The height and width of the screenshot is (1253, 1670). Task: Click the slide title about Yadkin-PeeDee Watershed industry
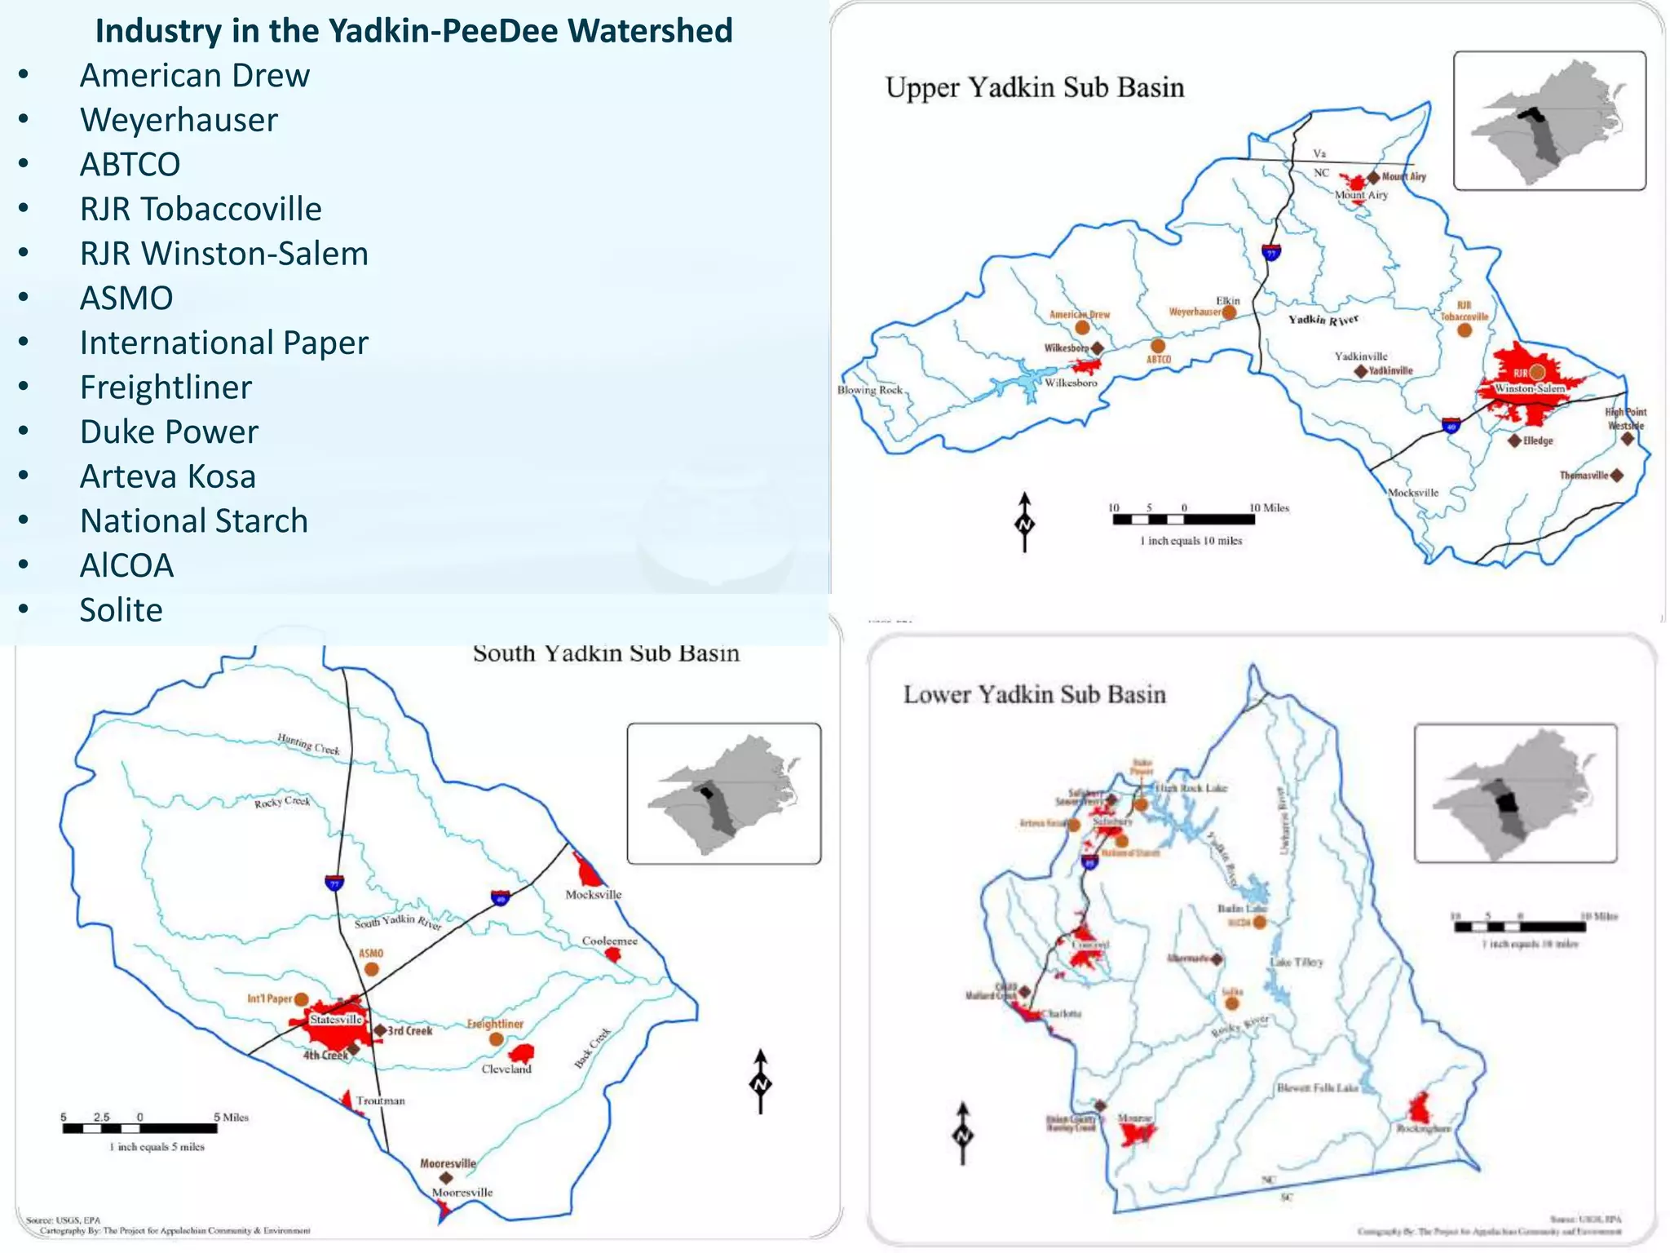414,31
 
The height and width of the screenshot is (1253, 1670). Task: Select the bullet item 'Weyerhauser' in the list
179,120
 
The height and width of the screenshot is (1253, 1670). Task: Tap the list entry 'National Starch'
193,520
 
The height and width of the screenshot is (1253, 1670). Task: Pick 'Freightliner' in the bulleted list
166,387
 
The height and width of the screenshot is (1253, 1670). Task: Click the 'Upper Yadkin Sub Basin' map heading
1034,87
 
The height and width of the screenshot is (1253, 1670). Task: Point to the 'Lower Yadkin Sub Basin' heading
1034,694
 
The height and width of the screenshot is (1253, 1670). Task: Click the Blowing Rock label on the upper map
869,390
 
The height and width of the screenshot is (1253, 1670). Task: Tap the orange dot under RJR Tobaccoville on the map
1465,330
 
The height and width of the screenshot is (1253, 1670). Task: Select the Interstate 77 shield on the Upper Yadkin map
1270,252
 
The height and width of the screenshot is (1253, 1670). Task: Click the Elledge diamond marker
1514,441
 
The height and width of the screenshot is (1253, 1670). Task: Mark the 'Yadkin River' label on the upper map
1323,320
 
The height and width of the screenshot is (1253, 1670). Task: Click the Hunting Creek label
308,743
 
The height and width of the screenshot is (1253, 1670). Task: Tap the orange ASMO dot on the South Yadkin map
371,969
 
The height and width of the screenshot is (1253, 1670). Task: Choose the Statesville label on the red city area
335,1020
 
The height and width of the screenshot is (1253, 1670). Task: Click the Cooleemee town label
609,941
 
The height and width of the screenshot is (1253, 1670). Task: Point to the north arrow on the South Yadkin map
760,1082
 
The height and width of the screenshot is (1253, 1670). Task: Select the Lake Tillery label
1297,963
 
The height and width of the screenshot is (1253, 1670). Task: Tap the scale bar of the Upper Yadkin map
1184,519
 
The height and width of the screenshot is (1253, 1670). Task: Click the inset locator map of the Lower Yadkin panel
1514,793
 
